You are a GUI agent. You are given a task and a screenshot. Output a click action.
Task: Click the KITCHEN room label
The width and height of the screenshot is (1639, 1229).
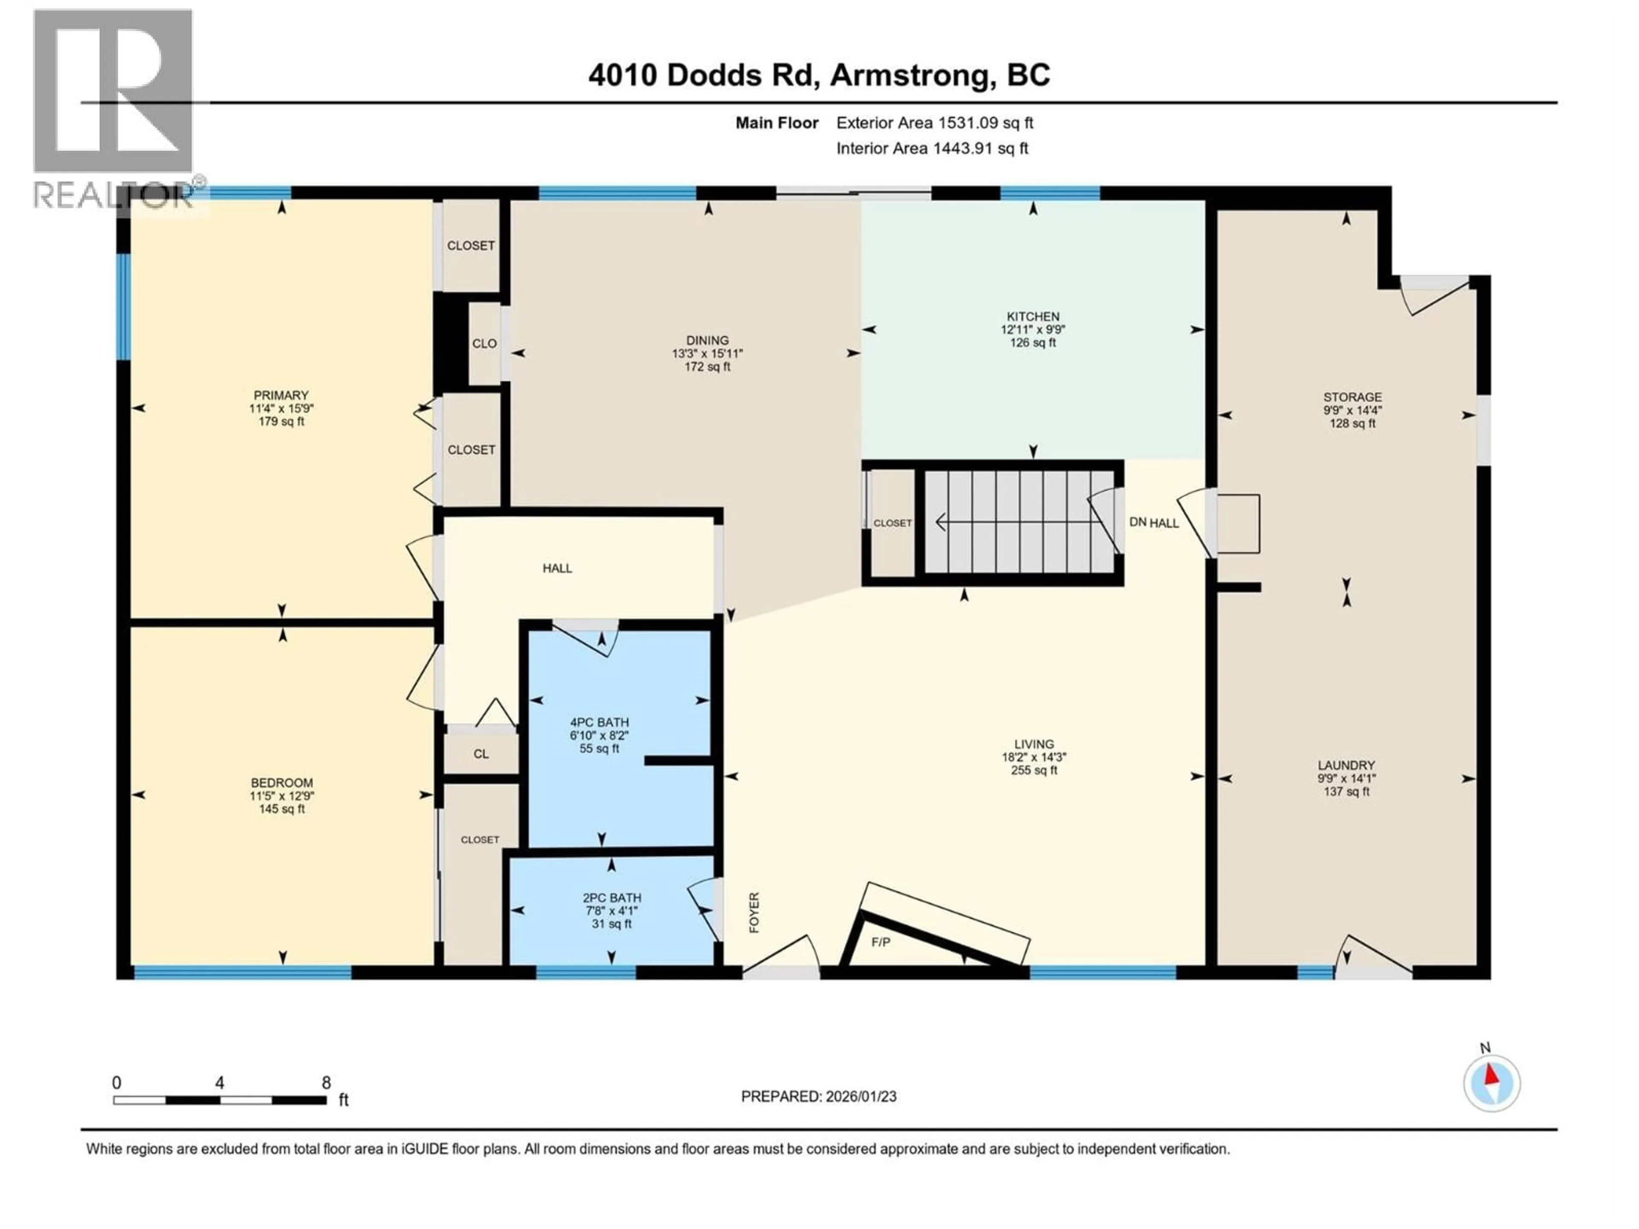point(1033,316)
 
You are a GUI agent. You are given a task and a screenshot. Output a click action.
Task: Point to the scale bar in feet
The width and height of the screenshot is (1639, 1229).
point(220,1100)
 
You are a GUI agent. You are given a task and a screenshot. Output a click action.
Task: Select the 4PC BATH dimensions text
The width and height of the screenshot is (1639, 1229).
point(599,736)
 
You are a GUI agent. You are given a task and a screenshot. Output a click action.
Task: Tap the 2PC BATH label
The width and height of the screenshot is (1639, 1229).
point(611,898)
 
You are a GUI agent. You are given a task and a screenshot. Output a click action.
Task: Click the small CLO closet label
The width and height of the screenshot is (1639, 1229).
point(484,344)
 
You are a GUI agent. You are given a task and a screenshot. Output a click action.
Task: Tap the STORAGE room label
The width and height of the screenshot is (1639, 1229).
point(1352,397)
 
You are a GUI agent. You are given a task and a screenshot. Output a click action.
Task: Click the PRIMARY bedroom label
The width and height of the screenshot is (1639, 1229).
point(281,396)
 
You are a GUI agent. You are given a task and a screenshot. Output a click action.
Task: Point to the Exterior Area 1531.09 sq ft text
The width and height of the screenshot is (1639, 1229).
point(934,123)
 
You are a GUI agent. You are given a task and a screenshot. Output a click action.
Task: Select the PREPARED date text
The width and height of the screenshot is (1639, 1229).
point(819,1096)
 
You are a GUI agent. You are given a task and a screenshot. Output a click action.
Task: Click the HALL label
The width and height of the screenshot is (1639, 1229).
point(557,568)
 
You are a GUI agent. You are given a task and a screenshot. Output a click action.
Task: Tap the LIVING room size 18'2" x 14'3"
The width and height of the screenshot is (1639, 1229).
point(1034,757)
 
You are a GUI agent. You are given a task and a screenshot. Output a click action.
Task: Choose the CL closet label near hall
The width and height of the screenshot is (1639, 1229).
point(481,754)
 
